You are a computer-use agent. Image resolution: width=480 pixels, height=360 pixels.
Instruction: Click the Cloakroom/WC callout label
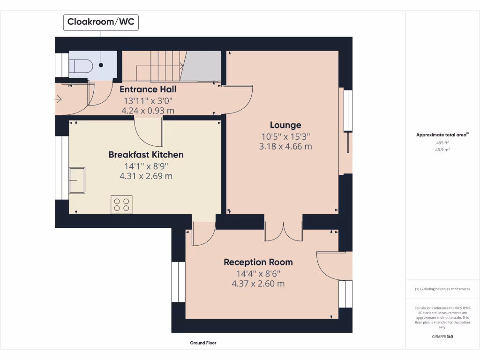click(x=101, y=22)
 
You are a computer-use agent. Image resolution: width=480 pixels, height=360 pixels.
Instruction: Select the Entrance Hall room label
click(x=148, y=89)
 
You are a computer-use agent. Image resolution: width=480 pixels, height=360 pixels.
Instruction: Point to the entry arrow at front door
click(x=58, y=99)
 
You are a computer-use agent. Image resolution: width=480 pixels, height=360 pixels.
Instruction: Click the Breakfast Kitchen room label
click(x=146, y=154)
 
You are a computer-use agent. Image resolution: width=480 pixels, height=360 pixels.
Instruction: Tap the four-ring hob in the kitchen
click(x=121, y=204)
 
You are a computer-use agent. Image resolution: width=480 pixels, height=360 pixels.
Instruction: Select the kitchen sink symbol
click(x=77, y=180)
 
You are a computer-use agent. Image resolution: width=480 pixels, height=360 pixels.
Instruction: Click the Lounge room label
click(x=285, y=125)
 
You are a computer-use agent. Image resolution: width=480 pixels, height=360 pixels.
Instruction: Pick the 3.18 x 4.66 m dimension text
click(x=285, y=146)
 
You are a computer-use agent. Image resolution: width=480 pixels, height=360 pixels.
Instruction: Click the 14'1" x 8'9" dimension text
click(x=146, y=166)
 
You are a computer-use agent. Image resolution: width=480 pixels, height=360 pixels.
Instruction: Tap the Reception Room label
click(x=258, y=262)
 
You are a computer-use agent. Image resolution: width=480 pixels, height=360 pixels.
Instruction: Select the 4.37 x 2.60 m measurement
click(x=258, y=284)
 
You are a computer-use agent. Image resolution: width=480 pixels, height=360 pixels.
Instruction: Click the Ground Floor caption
click(x=203, y=343)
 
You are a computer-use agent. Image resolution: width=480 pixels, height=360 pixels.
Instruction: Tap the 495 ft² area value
click(x=442, y=142)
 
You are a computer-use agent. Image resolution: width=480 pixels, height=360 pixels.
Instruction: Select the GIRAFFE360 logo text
click(x=442, y=336)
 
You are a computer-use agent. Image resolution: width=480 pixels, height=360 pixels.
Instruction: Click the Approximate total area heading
click(x=442, y=135)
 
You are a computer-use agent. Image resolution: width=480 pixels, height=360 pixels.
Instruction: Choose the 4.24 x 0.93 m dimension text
click(x=148, y=111)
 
